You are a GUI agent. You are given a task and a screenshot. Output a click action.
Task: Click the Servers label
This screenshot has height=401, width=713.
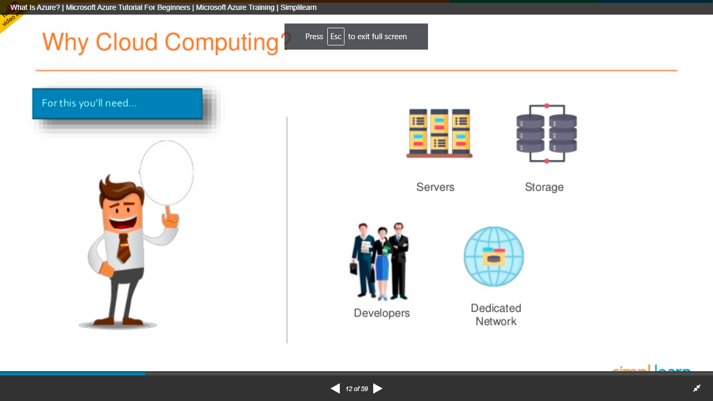coord(435,187)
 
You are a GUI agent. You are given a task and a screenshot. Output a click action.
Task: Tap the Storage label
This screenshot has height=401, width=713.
coord(544,187)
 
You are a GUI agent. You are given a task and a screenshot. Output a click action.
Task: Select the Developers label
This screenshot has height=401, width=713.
coord(382,313)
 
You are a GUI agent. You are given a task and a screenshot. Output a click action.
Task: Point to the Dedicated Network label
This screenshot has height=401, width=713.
coord(496,314)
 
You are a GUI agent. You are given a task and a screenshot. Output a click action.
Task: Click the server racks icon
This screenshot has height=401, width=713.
coord(439,133)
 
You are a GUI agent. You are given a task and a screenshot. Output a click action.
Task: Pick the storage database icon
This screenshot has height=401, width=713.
coord(546,133)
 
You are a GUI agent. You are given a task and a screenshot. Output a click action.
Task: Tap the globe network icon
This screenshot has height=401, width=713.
coord(494,256)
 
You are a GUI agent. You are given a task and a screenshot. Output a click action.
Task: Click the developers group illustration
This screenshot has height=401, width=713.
coord(379,261)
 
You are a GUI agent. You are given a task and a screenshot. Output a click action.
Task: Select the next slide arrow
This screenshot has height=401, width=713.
coord(378,388)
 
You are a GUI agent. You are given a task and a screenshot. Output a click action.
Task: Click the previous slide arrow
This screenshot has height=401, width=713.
coord(335,388)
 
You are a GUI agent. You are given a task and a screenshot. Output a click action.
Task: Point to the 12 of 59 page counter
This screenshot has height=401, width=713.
coord(356,388)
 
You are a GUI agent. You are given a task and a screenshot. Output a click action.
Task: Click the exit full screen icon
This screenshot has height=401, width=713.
coord(697,388)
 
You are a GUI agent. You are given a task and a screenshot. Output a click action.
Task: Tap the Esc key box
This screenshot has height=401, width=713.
coord(336,37)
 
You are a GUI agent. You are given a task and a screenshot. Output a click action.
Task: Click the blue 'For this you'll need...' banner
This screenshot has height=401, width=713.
coord(117,103)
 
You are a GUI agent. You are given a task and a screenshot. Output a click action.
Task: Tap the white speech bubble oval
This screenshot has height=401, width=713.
coord(167,172)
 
